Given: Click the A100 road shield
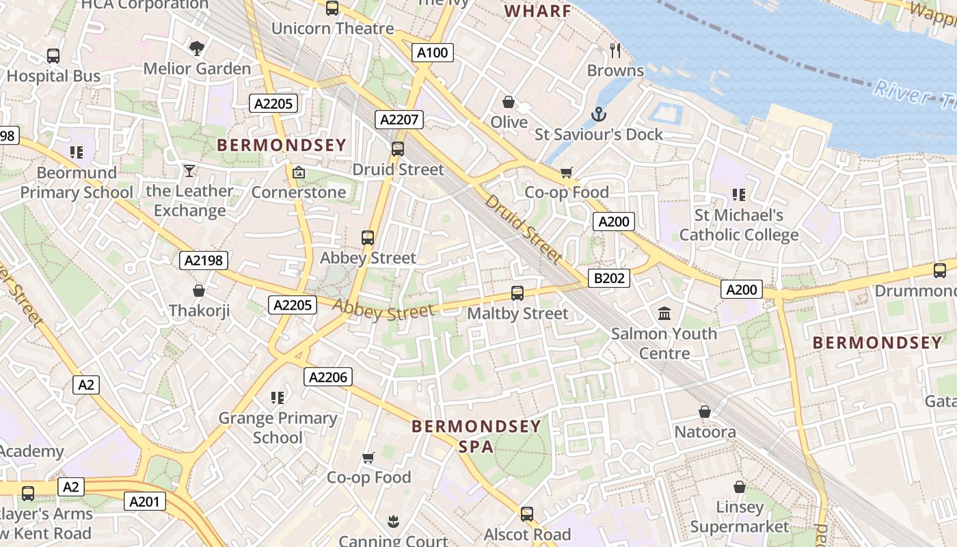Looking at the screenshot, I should point(433,53).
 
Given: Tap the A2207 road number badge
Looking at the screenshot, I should point(399,120).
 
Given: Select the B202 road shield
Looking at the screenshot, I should point(609,278).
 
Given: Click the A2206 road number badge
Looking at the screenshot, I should point(328,377).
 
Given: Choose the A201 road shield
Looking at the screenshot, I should point(144,502).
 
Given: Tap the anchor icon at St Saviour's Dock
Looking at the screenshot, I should point(599,114).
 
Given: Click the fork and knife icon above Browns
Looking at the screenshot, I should point(615,50).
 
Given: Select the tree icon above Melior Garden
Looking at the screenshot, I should point(197,48).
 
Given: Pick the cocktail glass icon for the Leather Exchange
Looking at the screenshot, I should point(189,171).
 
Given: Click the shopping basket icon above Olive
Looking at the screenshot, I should point(509,102).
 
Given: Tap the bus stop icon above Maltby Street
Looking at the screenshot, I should point(517,293).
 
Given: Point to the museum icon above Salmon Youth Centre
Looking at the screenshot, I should point(664,314).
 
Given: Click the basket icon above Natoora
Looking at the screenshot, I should point(705,412).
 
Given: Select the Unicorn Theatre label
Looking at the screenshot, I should point(333,29).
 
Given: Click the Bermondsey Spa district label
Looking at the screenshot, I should point(476,436).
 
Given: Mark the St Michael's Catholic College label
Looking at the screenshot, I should point(738,225).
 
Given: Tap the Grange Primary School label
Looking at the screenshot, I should point(278,427).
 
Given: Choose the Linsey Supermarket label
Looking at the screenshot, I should point(740,517).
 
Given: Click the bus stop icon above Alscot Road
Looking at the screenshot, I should point(526,513).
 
